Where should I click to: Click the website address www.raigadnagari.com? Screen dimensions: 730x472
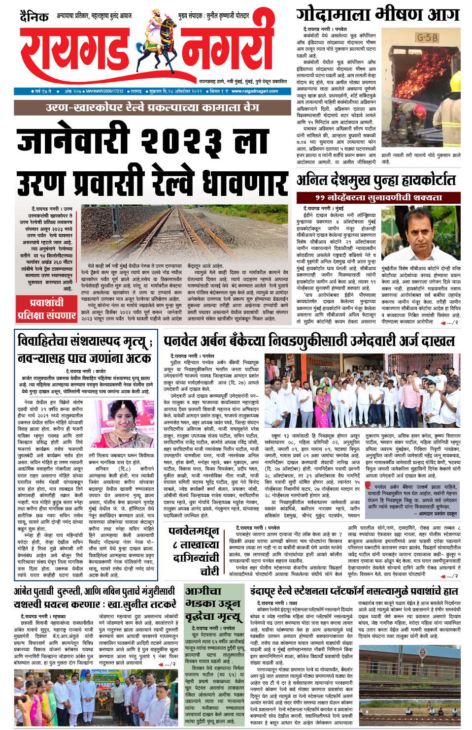click(254, 91)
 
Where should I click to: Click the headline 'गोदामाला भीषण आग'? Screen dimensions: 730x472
click(377, 15)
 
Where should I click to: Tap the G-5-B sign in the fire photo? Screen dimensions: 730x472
click(427, 38)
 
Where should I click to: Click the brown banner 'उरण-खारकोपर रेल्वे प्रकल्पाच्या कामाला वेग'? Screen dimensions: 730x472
click(152, 107)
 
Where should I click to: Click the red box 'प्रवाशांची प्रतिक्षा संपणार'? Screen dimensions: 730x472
click(46, 309)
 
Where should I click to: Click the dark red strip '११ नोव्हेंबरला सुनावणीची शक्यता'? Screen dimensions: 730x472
click(378, 197)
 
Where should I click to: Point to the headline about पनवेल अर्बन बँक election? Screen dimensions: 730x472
click(309, 341)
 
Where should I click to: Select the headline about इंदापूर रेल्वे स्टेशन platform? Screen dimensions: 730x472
click(354, 591)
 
